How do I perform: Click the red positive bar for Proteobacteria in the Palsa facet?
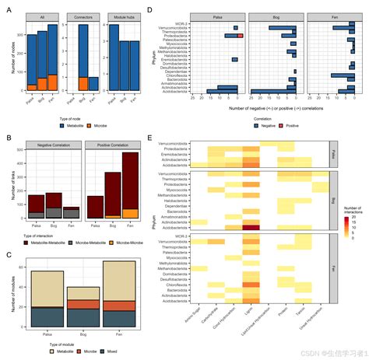[241, 35]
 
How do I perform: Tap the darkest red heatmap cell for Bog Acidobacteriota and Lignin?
[251, 226]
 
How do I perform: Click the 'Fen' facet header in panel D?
[325, 16]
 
